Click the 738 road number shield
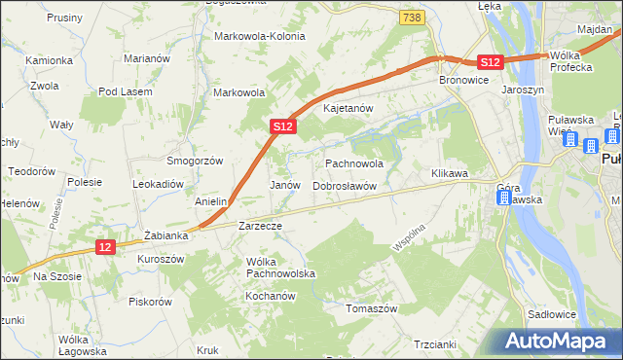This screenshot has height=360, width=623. click(x=412, y=18)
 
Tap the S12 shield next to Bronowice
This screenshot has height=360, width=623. click(x=490, y=62)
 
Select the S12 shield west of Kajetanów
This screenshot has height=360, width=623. click(x=282, y=126)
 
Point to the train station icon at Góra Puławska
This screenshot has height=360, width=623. click(x=502, y=198)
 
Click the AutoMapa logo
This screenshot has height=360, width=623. click(x=560, y=342)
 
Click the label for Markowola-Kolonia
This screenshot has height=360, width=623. click(x=259, y=36)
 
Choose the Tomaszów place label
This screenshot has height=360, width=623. click(x=373, y=308)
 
